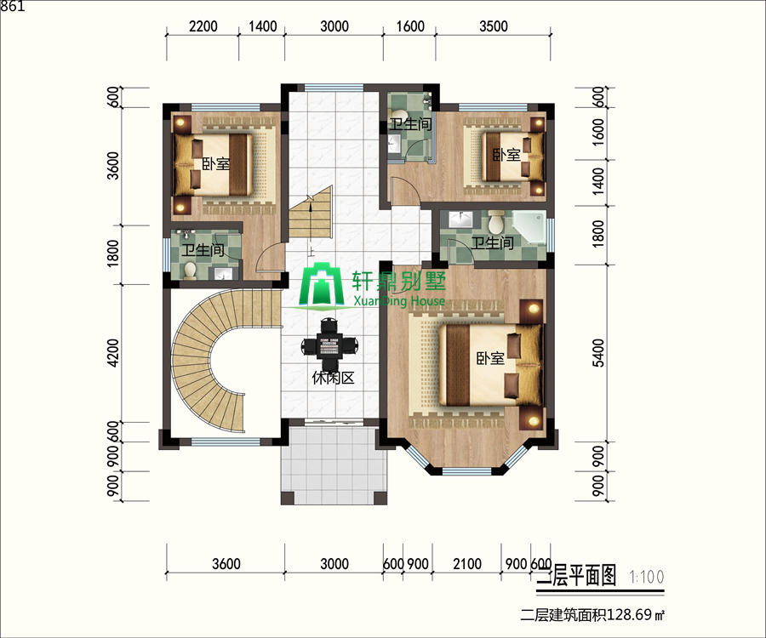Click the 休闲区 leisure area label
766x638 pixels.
(333, 378)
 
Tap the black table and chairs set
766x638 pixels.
(329, 345)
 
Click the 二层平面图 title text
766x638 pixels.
(577, 576)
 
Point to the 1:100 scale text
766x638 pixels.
(647, 577)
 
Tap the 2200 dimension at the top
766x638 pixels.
(203, 26)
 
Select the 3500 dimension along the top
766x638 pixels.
(494, 26)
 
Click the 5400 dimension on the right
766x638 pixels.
(598, 353)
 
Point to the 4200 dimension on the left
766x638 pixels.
(113, 353)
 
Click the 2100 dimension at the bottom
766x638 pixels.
(467, 564)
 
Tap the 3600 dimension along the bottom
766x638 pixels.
(226, 564)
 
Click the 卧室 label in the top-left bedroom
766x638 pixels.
(216, 163)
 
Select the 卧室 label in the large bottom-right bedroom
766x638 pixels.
(490, 358)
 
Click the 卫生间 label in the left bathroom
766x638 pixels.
(203, 250)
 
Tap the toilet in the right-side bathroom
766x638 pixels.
(496, 222)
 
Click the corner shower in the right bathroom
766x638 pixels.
(529, 226)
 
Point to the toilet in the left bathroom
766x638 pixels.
(190, 271)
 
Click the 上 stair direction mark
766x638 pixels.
(311, 252)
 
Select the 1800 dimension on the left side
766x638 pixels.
(113, 253)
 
